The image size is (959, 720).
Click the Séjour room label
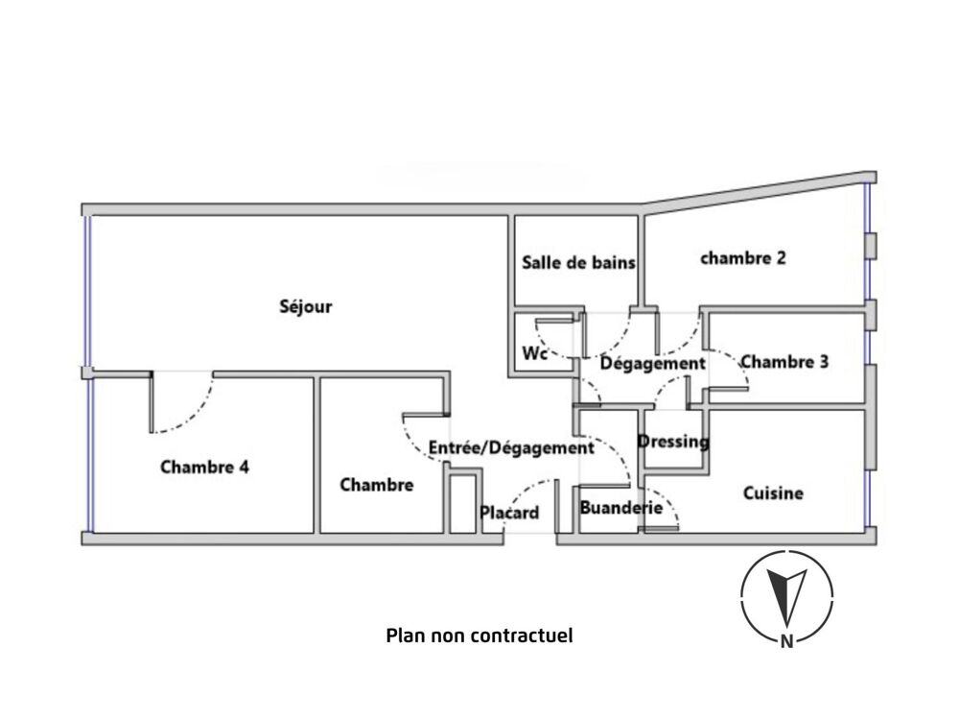pyautogui.click(x=305, y=307)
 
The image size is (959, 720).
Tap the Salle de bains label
pyautogui.click(x=578, y=262)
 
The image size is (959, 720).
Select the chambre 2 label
pyautogui.click(x=743, y=257)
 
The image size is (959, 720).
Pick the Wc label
pyautogui.click(x=534, y=353)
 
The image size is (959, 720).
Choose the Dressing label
pyautogui.click(x=673, y=442)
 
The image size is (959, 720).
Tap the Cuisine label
pyautogui.click(x=773, y=493)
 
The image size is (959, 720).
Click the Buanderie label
pyautogui.click(x=620, y=508)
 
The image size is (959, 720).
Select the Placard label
pyautogui.click(x=509, y=513)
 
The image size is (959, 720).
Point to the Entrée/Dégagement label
pyautogui.click(x=510, y=447)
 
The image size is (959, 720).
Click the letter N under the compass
pyautogui.click(x=786, y=642)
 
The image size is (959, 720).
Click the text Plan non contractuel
pyautogui.click(x=479, y=635)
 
